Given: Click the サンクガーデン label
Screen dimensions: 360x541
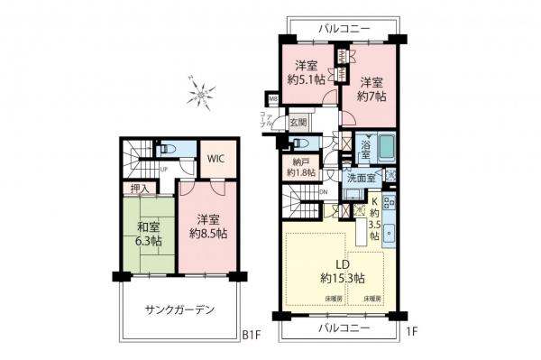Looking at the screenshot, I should click(x=179, y=310).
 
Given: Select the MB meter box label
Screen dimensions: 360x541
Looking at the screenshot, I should click(x=272, y=98).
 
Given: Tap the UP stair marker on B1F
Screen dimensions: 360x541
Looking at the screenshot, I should click(x=163, y=169).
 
